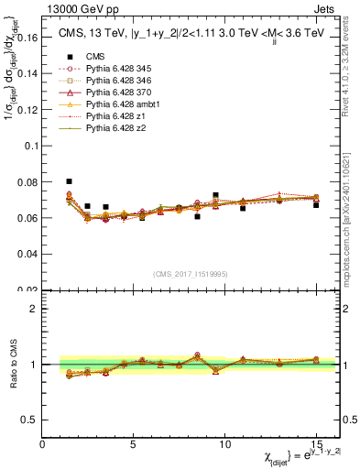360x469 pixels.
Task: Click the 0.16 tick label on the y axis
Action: coord(27,38)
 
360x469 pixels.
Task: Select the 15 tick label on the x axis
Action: coord(315,445)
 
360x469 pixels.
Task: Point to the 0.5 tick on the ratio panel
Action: coord(30,420)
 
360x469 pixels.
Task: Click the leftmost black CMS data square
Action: coord(69,181)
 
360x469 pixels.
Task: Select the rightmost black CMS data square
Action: coord(316,204)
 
